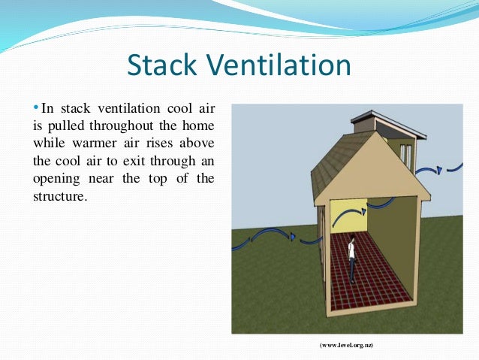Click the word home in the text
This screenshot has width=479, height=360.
(x=197, y=126)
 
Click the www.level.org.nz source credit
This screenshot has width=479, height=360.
(x=347, y=345)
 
